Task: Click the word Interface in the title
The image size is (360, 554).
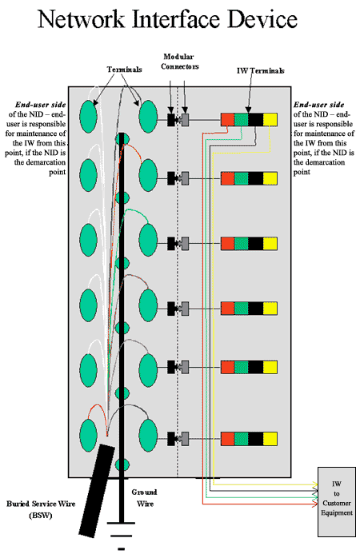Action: (177, 19)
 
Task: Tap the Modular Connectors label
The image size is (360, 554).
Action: (180, 62)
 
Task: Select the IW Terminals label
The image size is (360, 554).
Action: (260, 70)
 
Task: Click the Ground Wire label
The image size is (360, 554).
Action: (144, 497)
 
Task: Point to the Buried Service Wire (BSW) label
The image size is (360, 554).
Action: (41, 509)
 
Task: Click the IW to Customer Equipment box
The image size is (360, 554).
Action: (336, 502)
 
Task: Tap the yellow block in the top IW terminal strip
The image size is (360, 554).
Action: (270, 120)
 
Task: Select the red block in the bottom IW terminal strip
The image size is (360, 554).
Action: (228, 438)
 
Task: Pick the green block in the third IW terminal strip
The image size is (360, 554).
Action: (242, 244)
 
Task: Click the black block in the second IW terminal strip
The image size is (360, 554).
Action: (256, 178)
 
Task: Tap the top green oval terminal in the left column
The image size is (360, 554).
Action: (89, 117)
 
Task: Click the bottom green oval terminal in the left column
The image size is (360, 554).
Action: (89, 435)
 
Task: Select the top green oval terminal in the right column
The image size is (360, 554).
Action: (148, 117)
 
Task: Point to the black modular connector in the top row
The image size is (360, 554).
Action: (171, 120)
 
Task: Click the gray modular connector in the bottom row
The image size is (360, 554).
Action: (185, 438)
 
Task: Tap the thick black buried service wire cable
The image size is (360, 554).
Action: (96, 490)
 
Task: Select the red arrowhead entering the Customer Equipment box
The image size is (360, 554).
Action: (314, 504)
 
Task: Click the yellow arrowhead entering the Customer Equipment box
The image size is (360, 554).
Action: (314, 484)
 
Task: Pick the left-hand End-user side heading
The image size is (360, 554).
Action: (40, 105)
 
